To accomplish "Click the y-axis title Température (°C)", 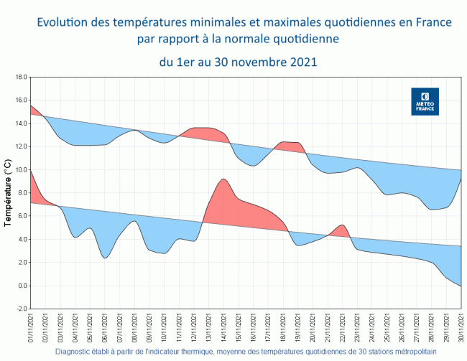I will [x=9, y=193].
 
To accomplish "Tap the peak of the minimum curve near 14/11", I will [x=224, y=179].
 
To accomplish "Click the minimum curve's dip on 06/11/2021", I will [x=105, y=258].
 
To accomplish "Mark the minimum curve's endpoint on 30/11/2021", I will [x=460, y=286].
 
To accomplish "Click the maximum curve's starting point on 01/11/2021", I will [x=30, y=106].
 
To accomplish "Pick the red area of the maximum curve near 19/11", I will [x=290, y=146].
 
